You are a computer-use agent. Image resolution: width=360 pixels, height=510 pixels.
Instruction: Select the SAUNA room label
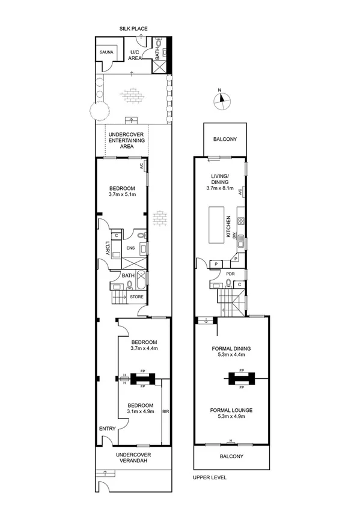[x=109, y=53]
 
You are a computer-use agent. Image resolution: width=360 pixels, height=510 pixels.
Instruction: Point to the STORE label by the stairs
[x=137, y=296]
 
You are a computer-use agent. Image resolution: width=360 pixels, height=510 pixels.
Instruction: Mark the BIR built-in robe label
[x=166, y=412]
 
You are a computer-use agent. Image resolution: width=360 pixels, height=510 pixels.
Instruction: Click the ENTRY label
[x=107, y=428]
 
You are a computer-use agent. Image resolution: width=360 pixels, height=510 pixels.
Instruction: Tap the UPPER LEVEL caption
[x=210, y=478]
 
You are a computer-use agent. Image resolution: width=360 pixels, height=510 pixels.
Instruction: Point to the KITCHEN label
[x=229, y=228]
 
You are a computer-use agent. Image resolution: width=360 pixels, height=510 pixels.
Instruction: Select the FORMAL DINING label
[x=231, y=348]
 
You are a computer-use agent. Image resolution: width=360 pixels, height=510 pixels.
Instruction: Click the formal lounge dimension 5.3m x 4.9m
[x=231, y=417]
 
